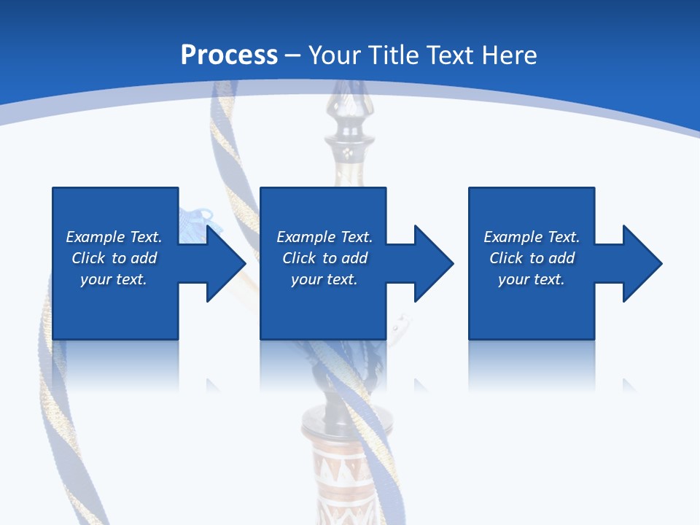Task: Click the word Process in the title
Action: (x=229, y=55)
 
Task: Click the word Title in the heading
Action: (x=392, y=55)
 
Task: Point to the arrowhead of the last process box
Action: (x=641, y=263)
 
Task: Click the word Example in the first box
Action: (x=96, y=237)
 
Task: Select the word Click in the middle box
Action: (x=299, y=258)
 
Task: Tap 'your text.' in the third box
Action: (x=531, y=279)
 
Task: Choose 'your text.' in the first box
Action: (x=113, y=279)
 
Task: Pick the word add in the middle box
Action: (x=354, y=258)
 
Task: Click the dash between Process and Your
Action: (x=293, y=55)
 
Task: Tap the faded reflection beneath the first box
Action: (x=115, y=365)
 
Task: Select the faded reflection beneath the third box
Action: (x=531, y=365)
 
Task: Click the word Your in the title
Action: (x=334, y=55)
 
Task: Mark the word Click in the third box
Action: (x=506, y=258)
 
